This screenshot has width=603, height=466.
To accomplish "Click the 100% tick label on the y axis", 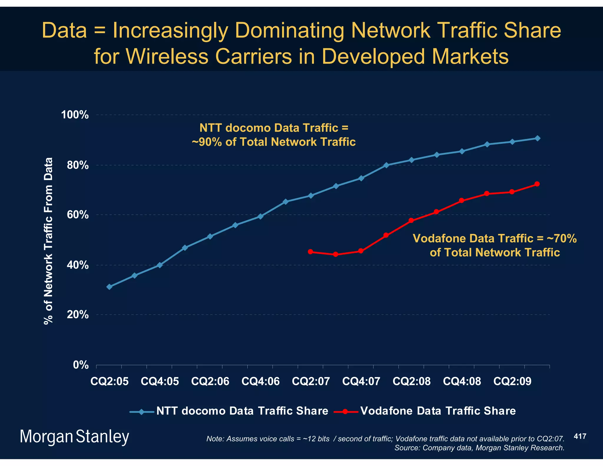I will click(x=75, y=115).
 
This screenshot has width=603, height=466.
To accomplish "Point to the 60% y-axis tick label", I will click(x=78, y=215).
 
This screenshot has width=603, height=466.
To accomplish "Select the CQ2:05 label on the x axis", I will click(x=110, y=381).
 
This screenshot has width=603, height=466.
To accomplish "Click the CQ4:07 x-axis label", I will click(x=361, y=381).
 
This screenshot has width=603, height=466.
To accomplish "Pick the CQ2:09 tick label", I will click(x=512, y=381).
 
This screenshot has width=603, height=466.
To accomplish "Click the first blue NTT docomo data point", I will click(x=110, y=287).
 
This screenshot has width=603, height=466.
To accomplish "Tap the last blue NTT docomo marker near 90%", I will click(x=537, y=138).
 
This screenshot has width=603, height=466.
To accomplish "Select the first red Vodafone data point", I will click(x=310, y=252).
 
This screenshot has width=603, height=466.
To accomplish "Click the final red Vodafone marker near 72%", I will click(x=537, y=184).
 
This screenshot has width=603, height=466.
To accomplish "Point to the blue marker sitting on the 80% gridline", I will click(x=386, y=165).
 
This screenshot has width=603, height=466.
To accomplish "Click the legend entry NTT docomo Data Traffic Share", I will click(x=242, y=411).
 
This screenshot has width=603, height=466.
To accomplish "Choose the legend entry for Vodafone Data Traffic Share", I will click(x=438, y=411).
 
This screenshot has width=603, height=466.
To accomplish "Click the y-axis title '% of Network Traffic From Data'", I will click(x=48, y=241).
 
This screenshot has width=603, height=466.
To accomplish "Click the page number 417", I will click(x=580, y=436).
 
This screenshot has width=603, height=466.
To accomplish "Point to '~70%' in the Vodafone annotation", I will click(x=561, y=238).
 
